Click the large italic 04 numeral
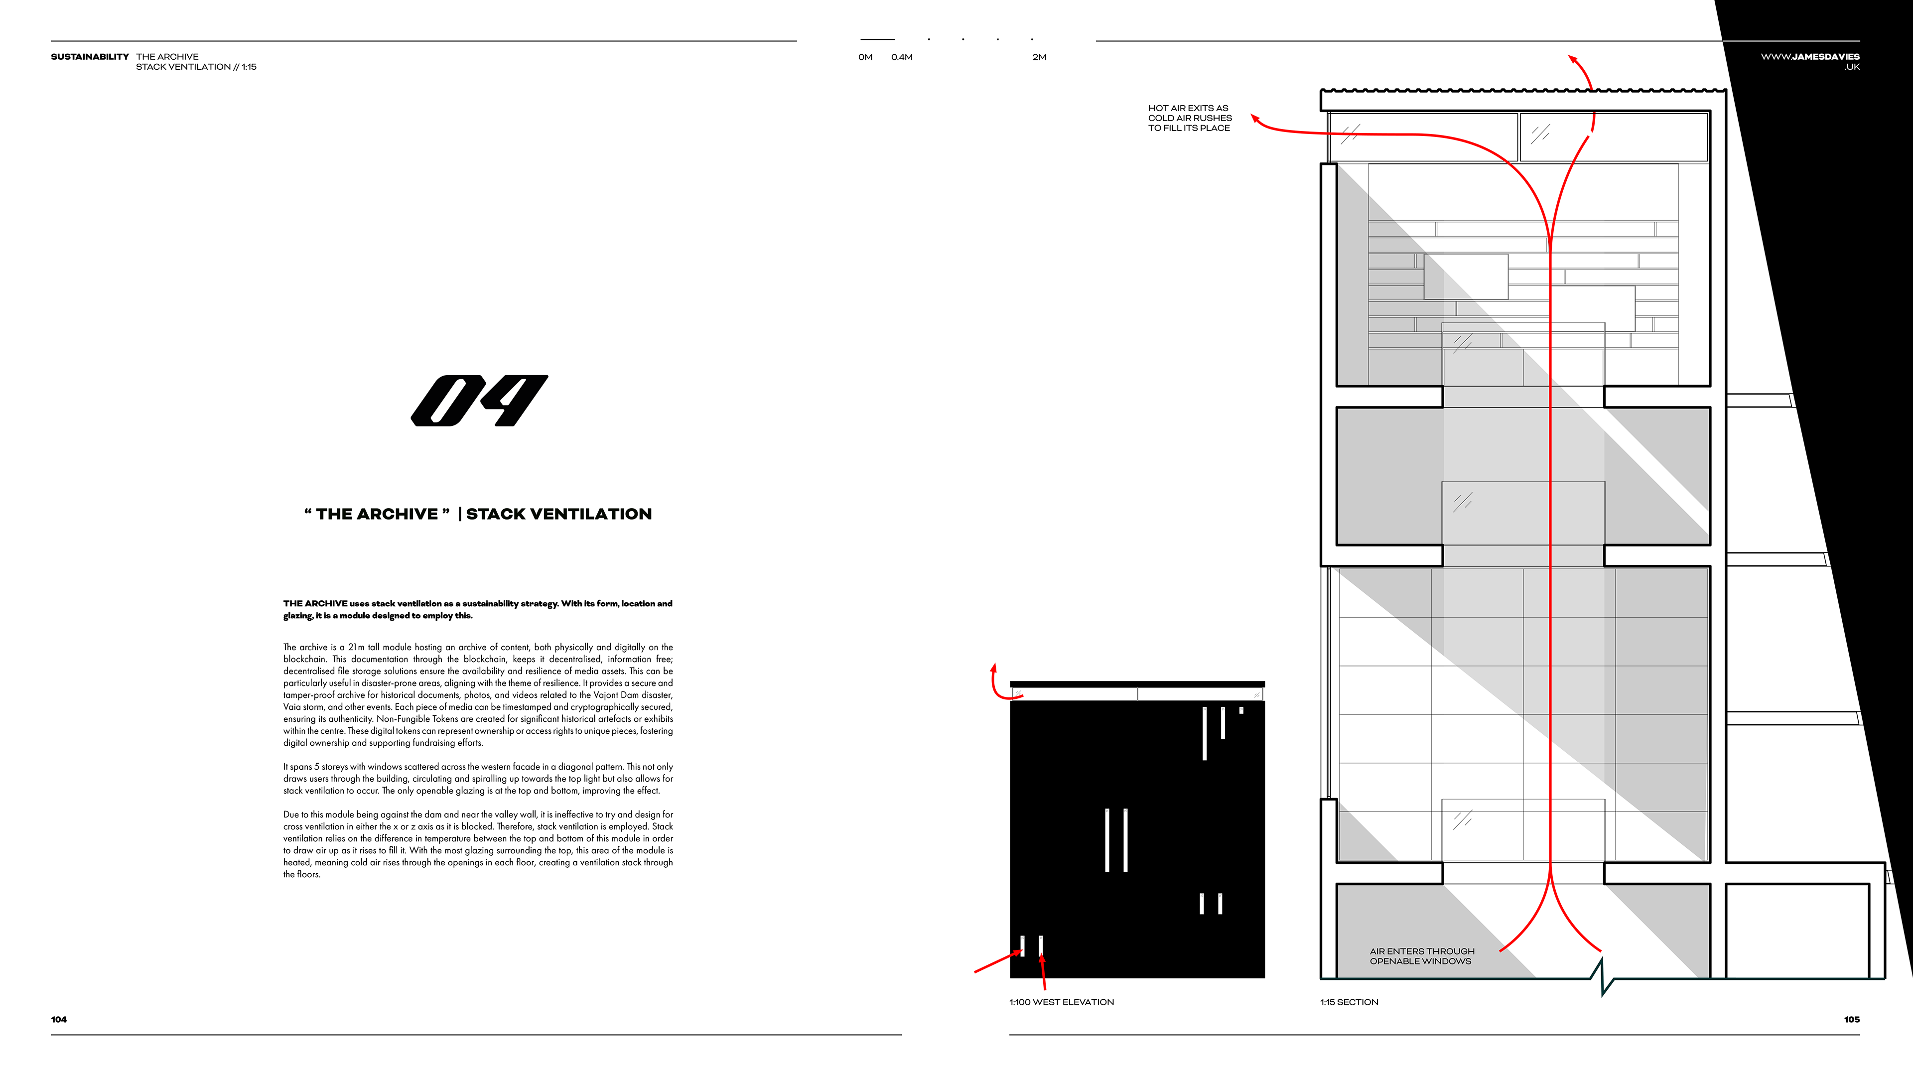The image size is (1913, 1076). (x=479, y=401)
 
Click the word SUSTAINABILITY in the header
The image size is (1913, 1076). (x=90, y=56)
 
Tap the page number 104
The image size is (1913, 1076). (x=59, y=1020)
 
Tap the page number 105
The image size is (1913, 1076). (x=1851, y=1020)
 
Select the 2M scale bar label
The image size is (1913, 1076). (x=1039, y=57)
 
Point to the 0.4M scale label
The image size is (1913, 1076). (x=902, y=57)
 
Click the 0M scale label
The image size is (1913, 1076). (x=865, y=57)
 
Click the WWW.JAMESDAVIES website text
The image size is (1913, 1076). (x=1810, y=56)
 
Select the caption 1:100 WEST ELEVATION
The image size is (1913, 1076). (x=1061, y=1002)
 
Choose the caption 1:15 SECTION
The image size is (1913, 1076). (x=1349, y=1002)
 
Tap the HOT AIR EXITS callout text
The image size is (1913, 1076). (x=1189, y=118)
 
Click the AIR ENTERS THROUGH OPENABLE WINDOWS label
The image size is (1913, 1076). (x=1421, y=956)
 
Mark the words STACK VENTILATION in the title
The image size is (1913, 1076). (x=558, y=514)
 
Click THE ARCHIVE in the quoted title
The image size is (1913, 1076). (x=377, y=514)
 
